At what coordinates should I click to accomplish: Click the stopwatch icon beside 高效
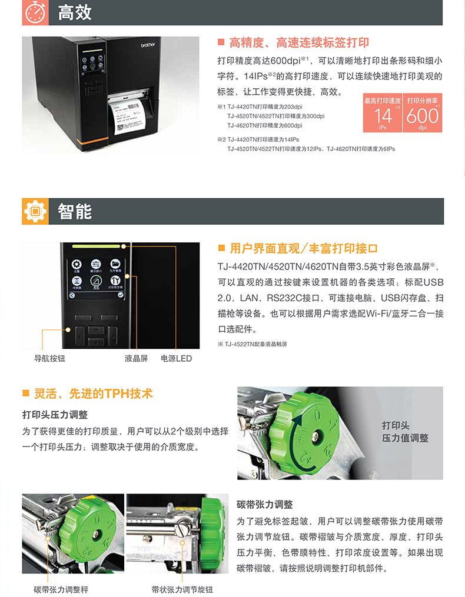pos(35,12)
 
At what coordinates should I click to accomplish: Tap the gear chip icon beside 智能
pos(35,211)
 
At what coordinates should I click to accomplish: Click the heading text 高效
pos(75,12)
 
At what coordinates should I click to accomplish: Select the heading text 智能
pos(75,211)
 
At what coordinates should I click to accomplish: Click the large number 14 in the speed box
pos(383,116)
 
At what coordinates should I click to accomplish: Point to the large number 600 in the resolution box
pos(422,116)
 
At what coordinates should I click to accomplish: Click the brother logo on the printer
pos(148,45)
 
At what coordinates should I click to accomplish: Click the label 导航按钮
pos(49,358)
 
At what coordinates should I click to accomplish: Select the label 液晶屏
pos(136,358)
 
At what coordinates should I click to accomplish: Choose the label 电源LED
pos(176,358)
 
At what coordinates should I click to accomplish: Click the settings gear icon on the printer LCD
pos(77,264)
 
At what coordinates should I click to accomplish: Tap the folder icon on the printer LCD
pos(115,264)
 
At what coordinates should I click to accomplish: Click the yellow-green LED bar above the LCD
pos(96,246)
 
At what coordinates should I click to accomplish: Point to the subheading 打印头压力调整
pos(55,415)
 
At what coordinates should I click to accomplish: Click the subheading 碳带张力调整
pos(264,505)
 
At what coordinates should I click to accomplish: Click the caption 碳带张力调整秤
pos(61,589)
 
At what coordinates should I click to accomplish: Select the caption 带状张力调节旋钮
pos(182,589)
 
